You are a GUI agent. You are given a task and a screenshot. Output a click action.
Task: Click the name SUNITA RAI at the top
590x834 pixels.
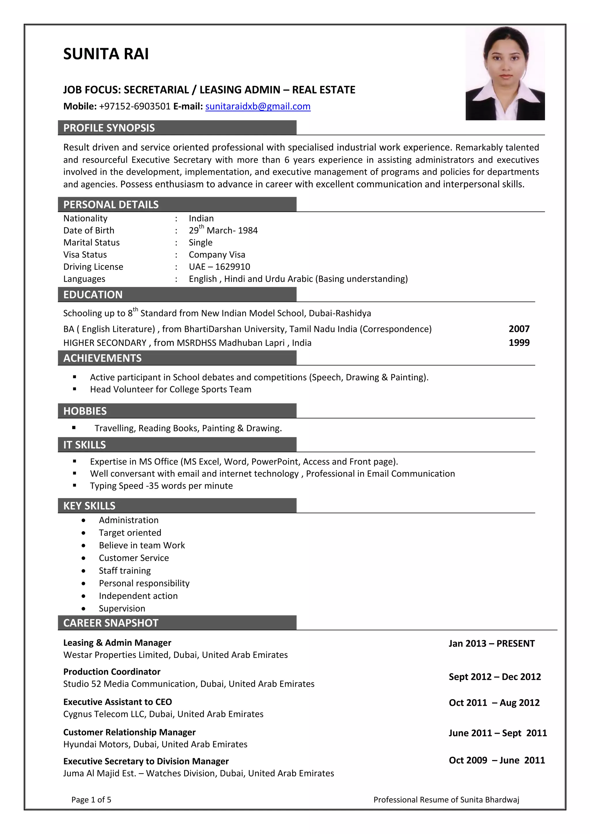106,54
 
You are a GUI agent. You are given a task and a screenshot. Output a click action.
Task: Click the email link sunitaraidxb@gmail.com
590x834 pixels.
258,106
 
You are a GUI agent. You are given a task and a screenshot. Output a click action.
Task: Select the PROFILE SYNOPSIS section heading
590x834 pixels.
109,128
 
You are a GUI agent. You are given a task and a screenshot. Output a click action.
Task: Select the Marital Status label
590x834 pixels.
91,242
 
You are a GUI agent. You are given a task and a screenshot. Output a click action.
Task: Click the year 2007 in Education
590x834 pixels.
519,329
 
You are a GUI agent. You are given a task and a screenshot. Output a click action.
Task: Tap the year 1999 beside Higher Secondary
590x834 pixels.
519,343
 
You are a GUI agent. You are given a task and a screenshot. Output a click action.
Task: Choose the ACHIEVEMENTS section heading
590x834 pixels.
103,358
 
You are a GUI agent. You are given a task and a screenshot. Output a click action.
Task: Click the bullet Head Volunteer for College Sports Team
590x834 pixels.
170,389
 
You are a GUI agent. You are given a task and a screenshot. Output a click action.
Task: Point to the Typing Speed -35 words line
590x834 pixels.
161,486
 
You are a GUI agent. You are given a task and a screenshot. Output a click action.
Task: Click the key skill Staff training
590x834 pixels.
125,571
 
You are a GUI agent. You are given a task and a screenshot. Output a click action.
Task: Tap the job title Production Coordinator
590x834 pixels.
111,672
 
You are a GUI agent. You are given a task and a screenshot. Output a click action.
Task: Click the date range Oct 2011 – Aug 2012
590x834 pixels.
494,703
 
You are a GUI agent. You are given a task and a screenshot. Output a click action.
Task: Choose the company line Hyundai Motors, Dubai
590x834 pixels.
155,744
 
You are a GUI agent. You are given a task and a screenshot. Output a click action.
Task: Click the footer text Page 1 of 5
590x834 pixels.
91,799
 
